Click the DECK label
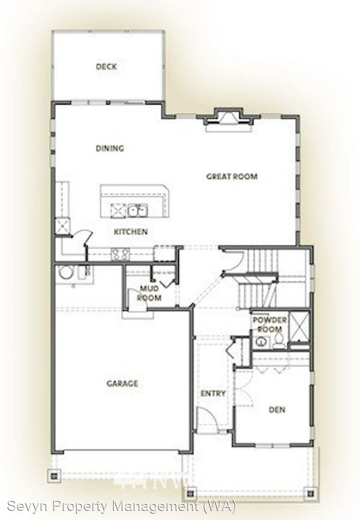[x=106, y=66]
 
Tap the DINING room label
[x=110, y=148]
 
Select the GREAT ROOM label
[x=232, y=176]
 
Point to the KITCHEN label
[x=130, y=232]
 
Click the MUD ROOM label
[x=149, y=293]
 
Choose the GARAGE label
[x=122, y=384]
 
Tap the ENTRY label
[x=213, y=394]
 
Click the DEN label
[x=277, y=410]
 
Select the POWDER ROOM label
[x=270, y=325]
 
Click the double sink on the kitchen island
[x=138, y=210]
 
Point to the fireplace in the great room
[x=227, y=121]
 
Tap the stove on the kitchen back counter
[x=120, y=255]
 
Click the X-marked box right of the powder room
[x=299, y=326]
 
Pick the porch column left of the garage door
[x=54, y=476]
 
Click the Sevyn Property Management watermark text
[x=122, y=506]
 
